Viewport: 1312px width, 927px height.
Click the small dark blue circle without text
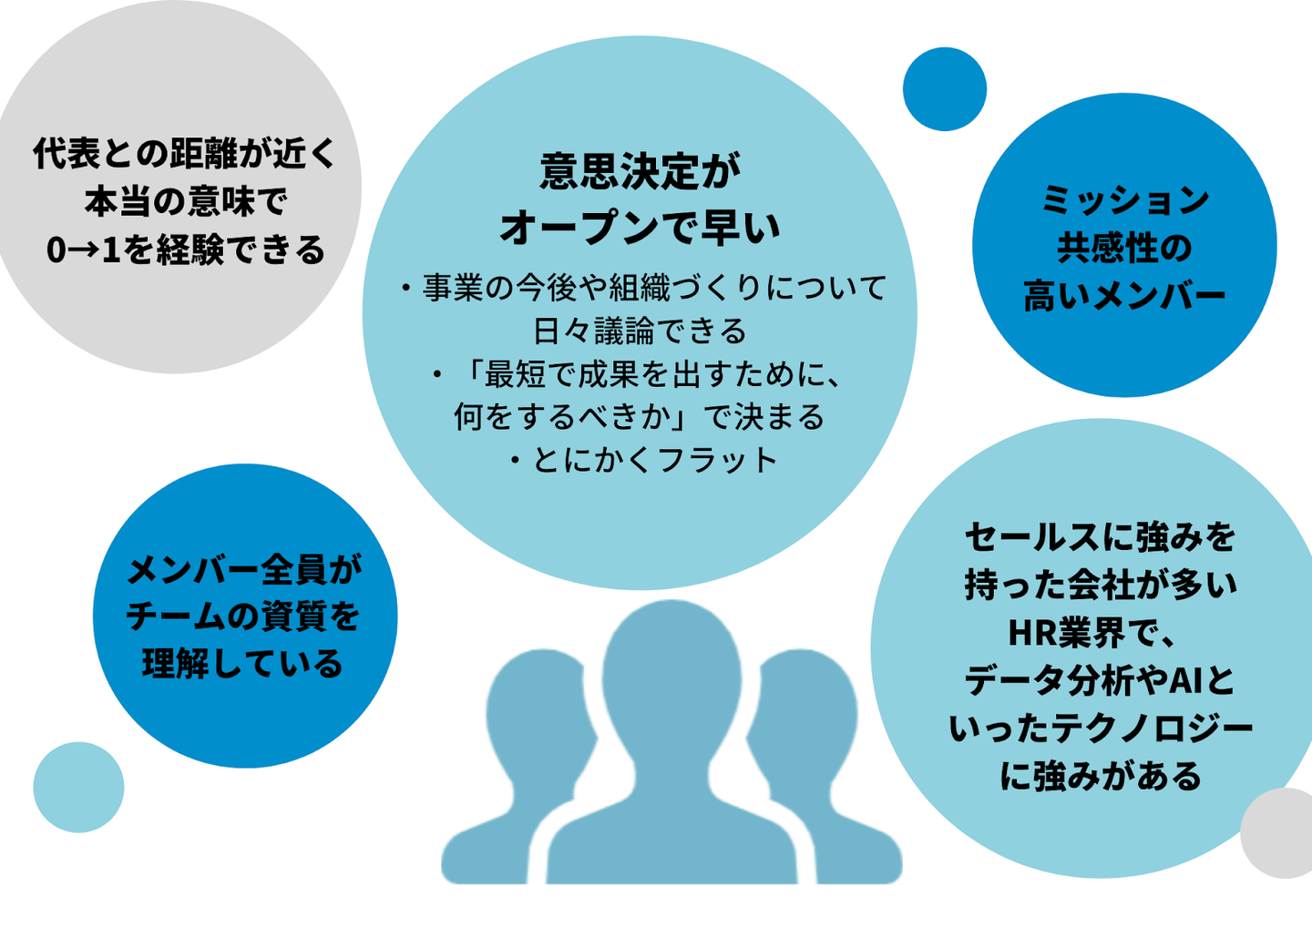945,89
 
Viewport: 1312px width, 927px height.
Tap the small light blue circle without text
78,787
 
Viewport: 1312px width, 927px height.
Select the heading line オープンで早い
640,227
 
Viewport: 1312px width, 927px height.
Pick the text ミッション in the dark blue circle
1124,199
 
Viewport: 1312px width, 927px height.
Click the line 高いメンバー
1124,296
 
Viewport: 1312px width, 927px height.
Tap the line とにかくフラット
643,460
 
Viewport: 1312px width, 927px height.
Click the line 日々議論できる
640,331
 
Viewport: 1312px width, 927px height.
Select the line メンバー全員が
244,569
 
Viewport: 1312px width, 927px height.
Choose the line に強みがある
1101,776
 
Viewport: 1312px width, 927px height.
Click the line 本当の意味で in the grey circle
186,201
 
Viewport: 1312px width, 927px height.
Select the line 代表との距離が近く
186,153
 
